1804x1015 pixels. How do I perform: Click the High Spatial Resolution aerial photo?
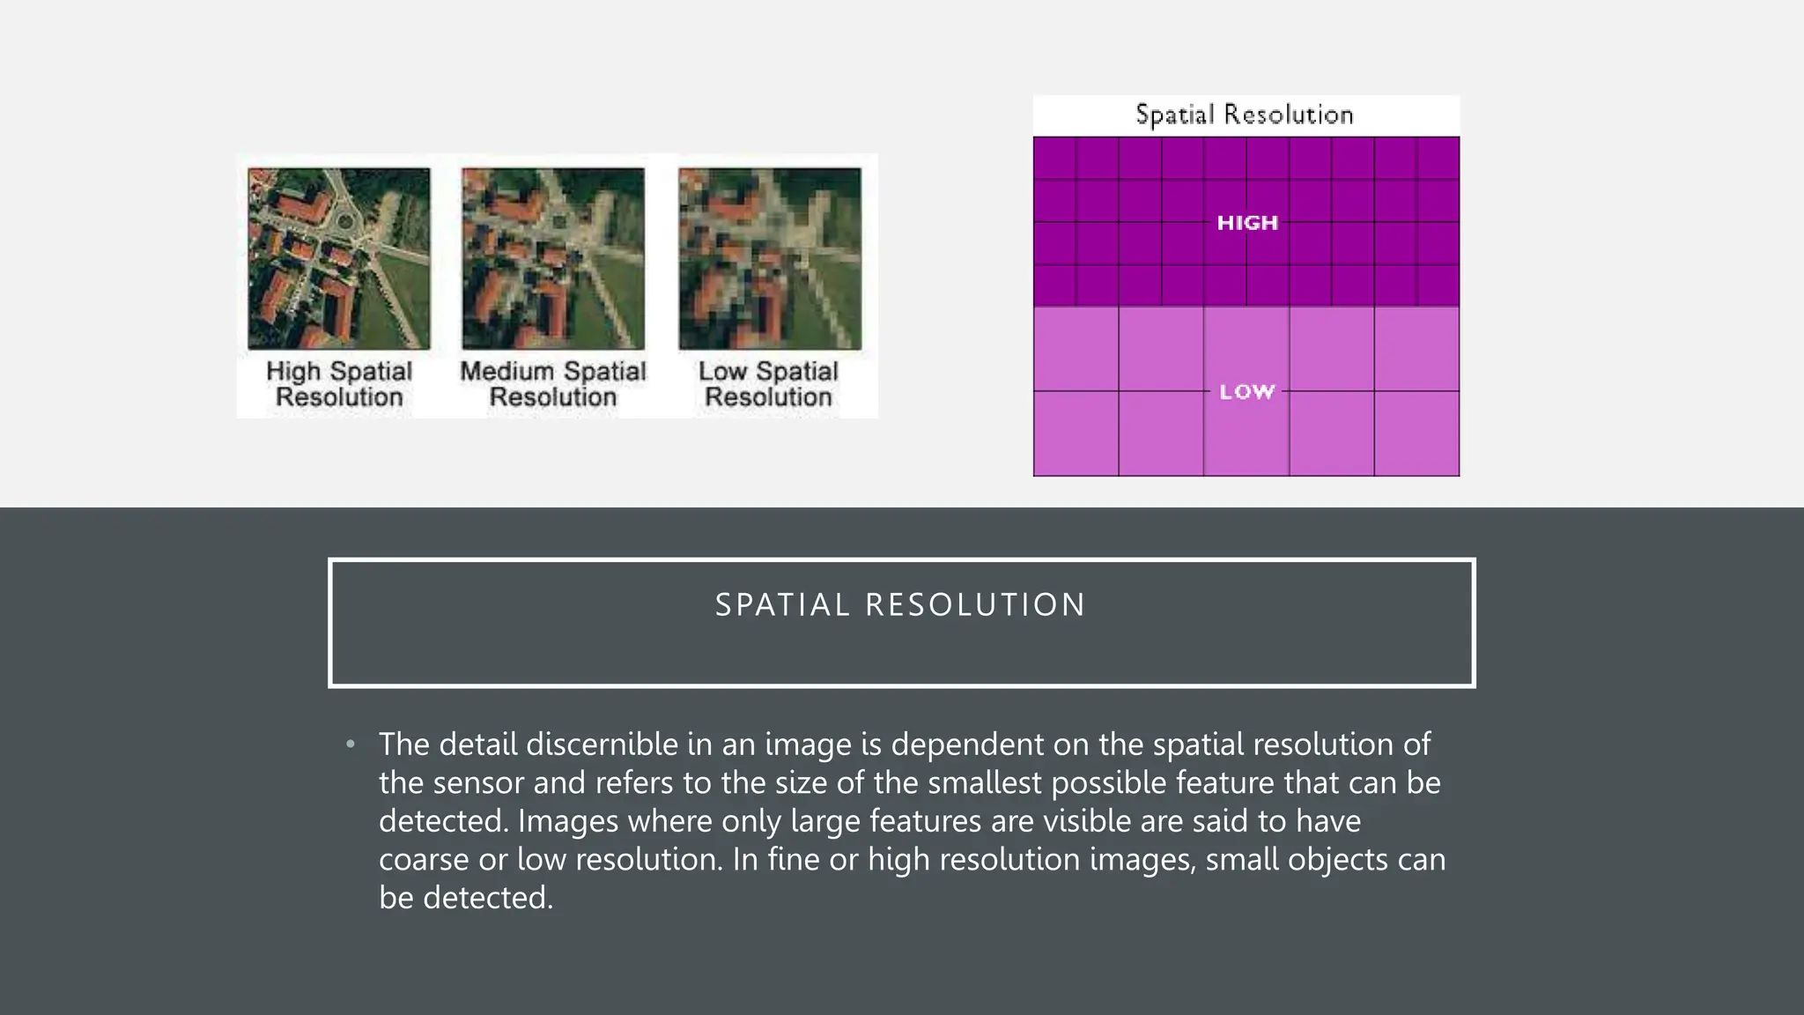click(339, 258)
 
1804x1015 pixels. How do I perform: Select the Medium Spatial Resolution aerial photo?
click(553, 258)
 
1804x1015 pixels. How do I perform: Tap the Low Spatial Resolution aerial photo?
click(770, 258)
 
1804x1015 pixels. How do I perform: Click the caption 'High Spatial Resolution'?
click(339, 384)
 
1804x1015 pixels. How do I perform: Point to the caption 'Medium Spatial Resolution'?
click(553, 384)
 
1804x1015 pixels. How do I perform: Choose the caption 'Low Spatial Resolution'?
click(769, 384)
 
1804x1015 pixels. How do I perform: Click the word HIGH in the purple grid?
click(1247, 223)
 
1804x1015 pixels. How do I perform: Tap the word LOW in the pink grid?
click(1247, 391)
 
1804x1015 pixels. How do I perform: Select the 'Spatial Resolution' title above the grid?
click(1244, 115)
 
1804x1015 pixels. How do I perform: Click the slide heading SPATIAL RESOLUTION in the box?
click(900, 605)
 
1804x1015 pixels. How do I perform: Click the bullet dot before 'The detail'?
click(351, 745)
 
